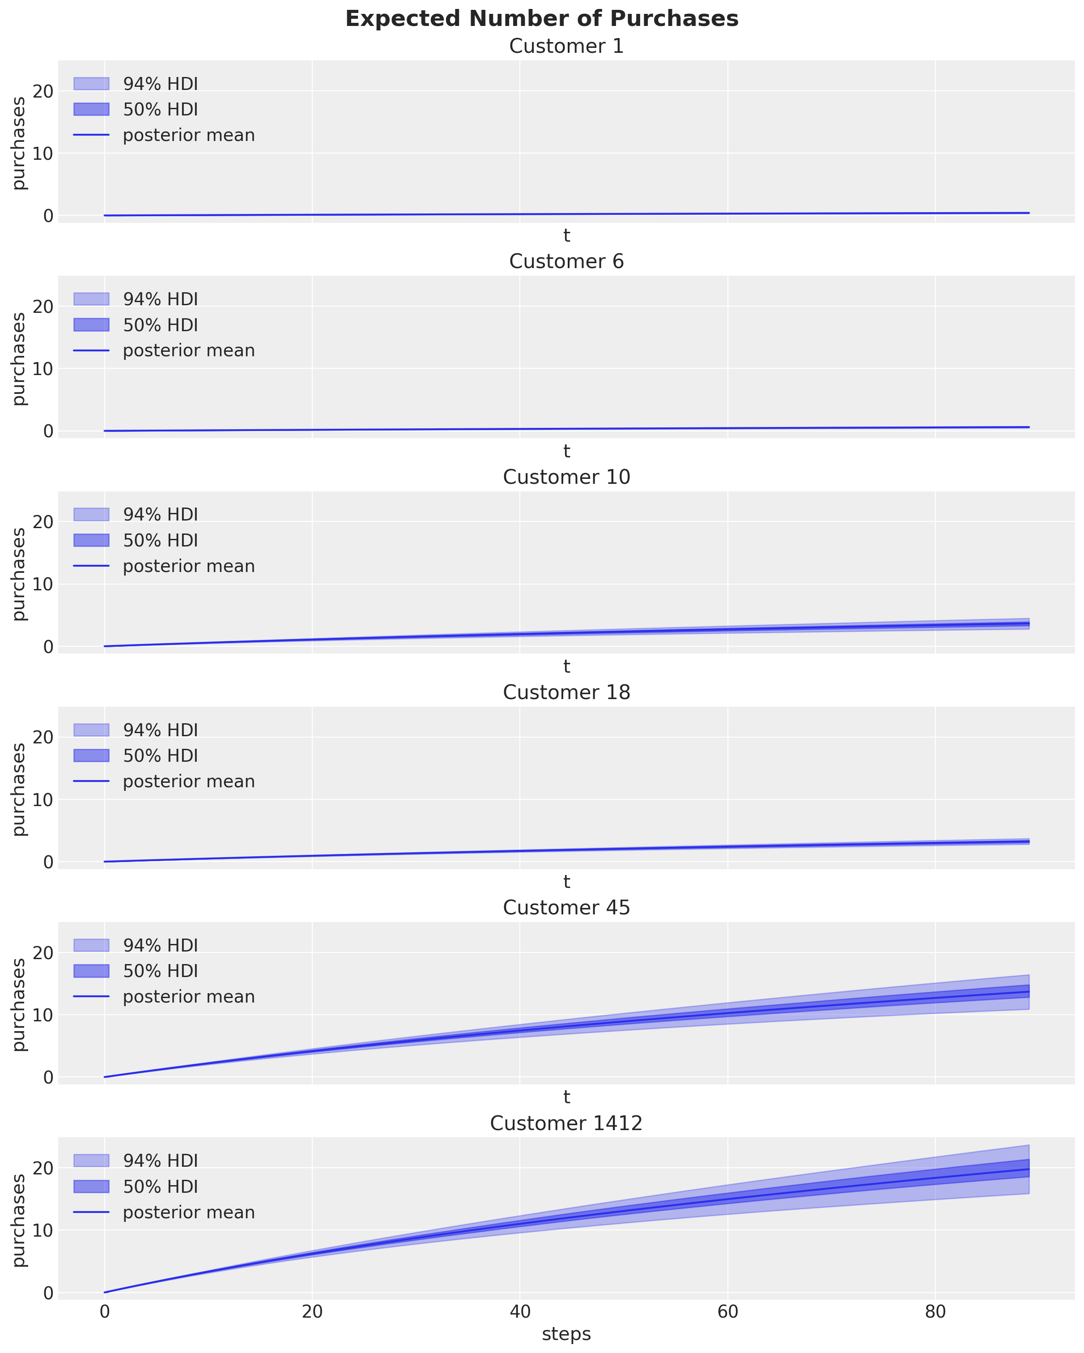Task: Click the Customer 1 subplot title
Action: tap(566, 47)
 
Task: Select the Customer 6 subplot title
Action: tap(566, 262)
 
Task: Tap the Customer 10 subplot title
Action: tap(566, 477)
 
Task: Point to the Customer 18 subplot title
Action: tap(566, 692)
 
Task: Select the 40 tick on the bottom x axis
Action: tap(519, 1312)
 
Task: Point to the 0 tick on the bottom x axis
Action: tap(104, 1312)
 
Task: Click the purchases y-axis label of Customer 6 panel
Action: tap(19, 359)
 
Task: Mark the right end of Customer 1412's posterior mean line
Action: tap(1028, 1169)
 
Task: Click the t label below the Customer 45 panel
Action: tap(566, 1097)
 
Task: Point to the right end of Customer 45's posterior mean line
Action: tap(1028, 991)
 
